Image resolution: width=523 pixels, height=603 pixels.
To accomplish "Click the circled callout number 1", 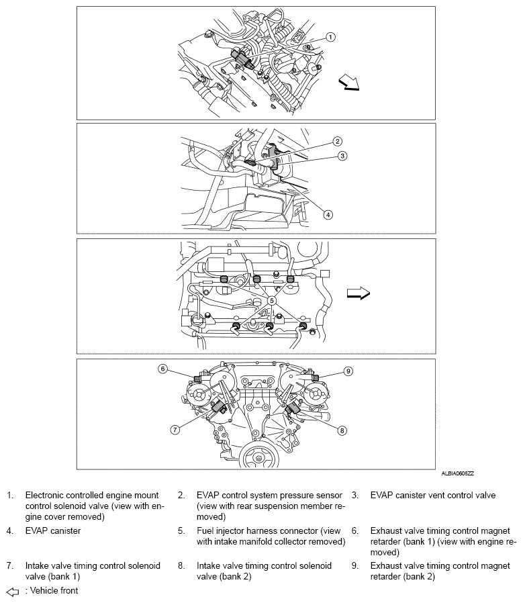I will tap(331, 37).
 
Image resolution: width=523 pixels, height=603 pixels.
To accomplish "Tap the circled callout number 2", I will tap(338, 142).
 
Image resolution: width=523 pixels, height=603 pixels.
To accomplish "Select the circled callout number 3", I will tap(342, 156).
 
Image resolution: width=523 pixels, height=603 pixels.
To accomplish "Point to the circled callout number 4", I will tap(328, 215).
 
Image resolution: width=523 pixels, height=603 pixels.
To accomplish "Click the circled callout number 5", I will tap(272, 301).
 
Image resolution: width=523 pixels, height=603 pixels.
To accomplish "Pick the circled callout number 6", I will tap(162, 369).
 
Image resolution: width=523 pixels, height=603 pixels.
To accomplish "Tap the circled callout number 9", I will tap(348, 370).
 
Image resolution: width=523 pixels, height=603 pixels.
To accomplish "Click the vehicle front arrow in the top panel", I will tap(350, 83).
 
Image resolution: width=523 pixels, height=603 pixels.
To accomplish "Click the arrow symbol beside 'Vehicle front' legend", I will tap(12, 591).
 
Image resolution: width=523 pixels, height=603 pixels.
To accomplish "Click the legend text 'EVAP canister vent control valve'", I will tap(433, 496).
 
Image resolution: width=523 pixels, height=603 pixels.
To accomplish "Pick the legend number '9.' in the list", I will tap(356, 566).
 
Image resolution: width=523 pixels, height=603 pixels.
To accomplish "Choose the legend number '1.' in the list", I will tap(10, 496).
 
